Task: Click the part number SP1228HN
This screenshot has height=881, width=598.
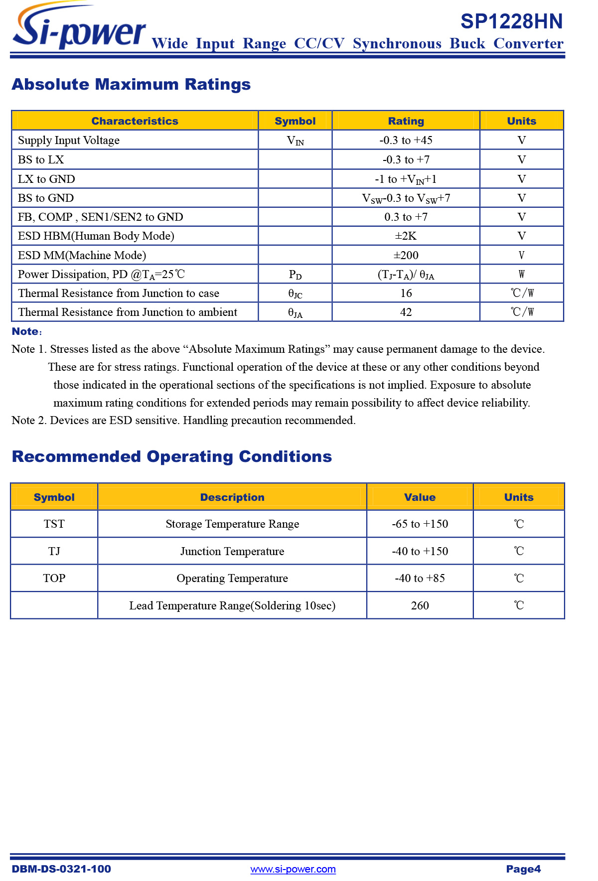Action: (x=511, y=21)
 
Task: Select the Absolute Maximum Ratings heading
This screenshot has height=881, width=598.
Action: (x=131, y=84)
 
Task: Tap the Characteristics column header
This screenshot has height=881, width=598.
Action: (x=135, y=121)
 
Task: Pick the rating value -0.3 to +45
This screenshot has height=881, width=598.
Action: (x=406, y=140)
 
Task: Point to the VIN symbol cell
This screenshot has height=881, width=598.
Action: (x=295, y=141)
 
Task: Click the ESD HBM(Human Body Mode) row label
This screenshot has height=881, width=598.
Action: (x=96, y=236)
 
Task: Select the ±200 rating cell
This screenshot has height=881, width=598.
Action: (x=406, y=255)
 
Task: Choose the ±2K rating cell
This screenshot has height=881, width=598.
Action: (x=406, y=236)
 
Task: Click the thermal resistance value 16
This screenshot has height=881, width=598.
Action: (x=406, y=293)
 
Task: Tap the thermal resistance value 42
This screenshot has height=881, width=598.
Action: (x=406, y=312)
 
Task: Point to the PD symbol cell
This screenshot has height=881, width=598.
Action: (x=295, y=275)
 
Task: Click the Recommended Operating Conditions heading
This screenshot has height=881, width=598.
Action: (x=172, y=456)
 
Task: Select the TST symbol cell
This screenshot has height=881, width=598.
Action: (x=54, y=524)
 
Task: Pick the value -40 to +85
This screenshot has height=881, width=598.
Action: (x=420, y=578)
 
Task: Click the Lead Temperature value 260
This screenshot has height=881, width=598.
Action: (x=420, y=605)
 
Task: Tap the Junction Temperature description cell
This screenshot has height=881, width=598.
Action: (x=232, y=551)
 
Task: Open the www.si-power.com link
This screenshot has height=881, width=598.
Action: (x=293, y=869)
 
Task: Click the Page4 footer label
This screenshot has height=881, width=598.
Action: (x=523, y=869)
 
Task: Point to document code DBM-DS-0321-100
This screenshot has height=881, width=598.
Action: (x=61, y=869)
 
